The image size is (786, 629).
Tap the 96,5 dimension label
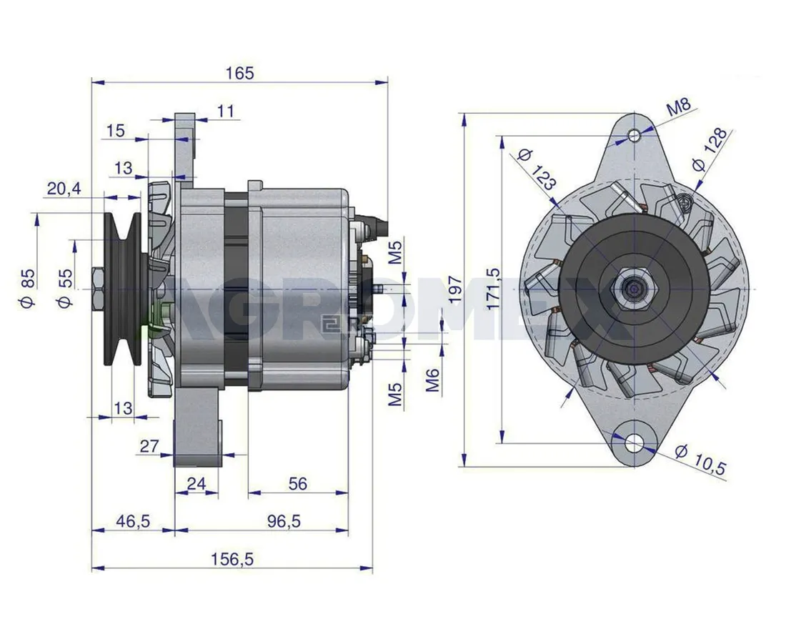point(285,521)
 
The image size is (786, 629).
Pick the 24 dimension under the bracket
point(196,484)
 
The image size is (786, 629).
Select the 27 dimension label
point(149,446)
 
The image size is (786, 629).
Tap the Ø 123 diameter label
point(537,169)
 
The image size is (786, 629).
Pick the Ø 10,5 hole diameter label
point(700,460)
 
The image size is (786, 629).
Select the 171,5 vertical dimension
point(491,289)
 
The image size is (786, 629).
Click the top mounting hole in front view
point(635,135)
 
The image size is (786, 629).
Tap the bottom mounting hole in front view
point(634,443)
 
